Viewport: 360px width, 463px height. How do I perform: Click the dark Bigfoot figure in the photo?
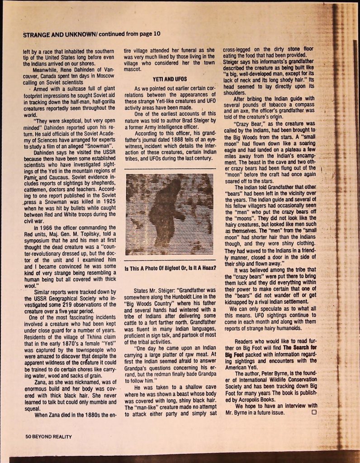point(165,213)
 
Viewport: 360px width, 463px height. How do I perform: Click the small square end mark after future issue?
point(313,412)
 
